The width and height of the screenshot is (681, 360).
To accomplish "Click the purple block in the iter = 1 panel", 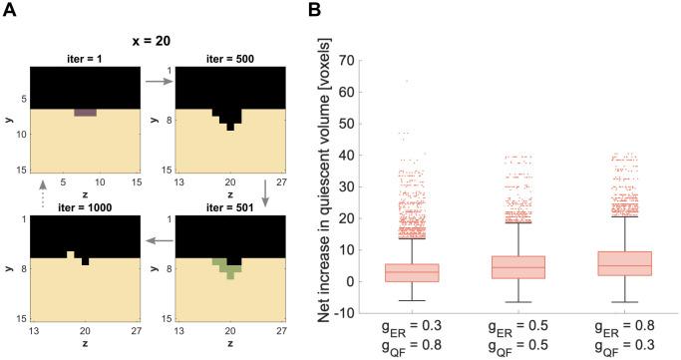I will click(85, 112).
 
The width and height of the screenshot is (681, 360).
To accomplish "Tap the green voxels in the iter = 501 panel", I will click(228, 267).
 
